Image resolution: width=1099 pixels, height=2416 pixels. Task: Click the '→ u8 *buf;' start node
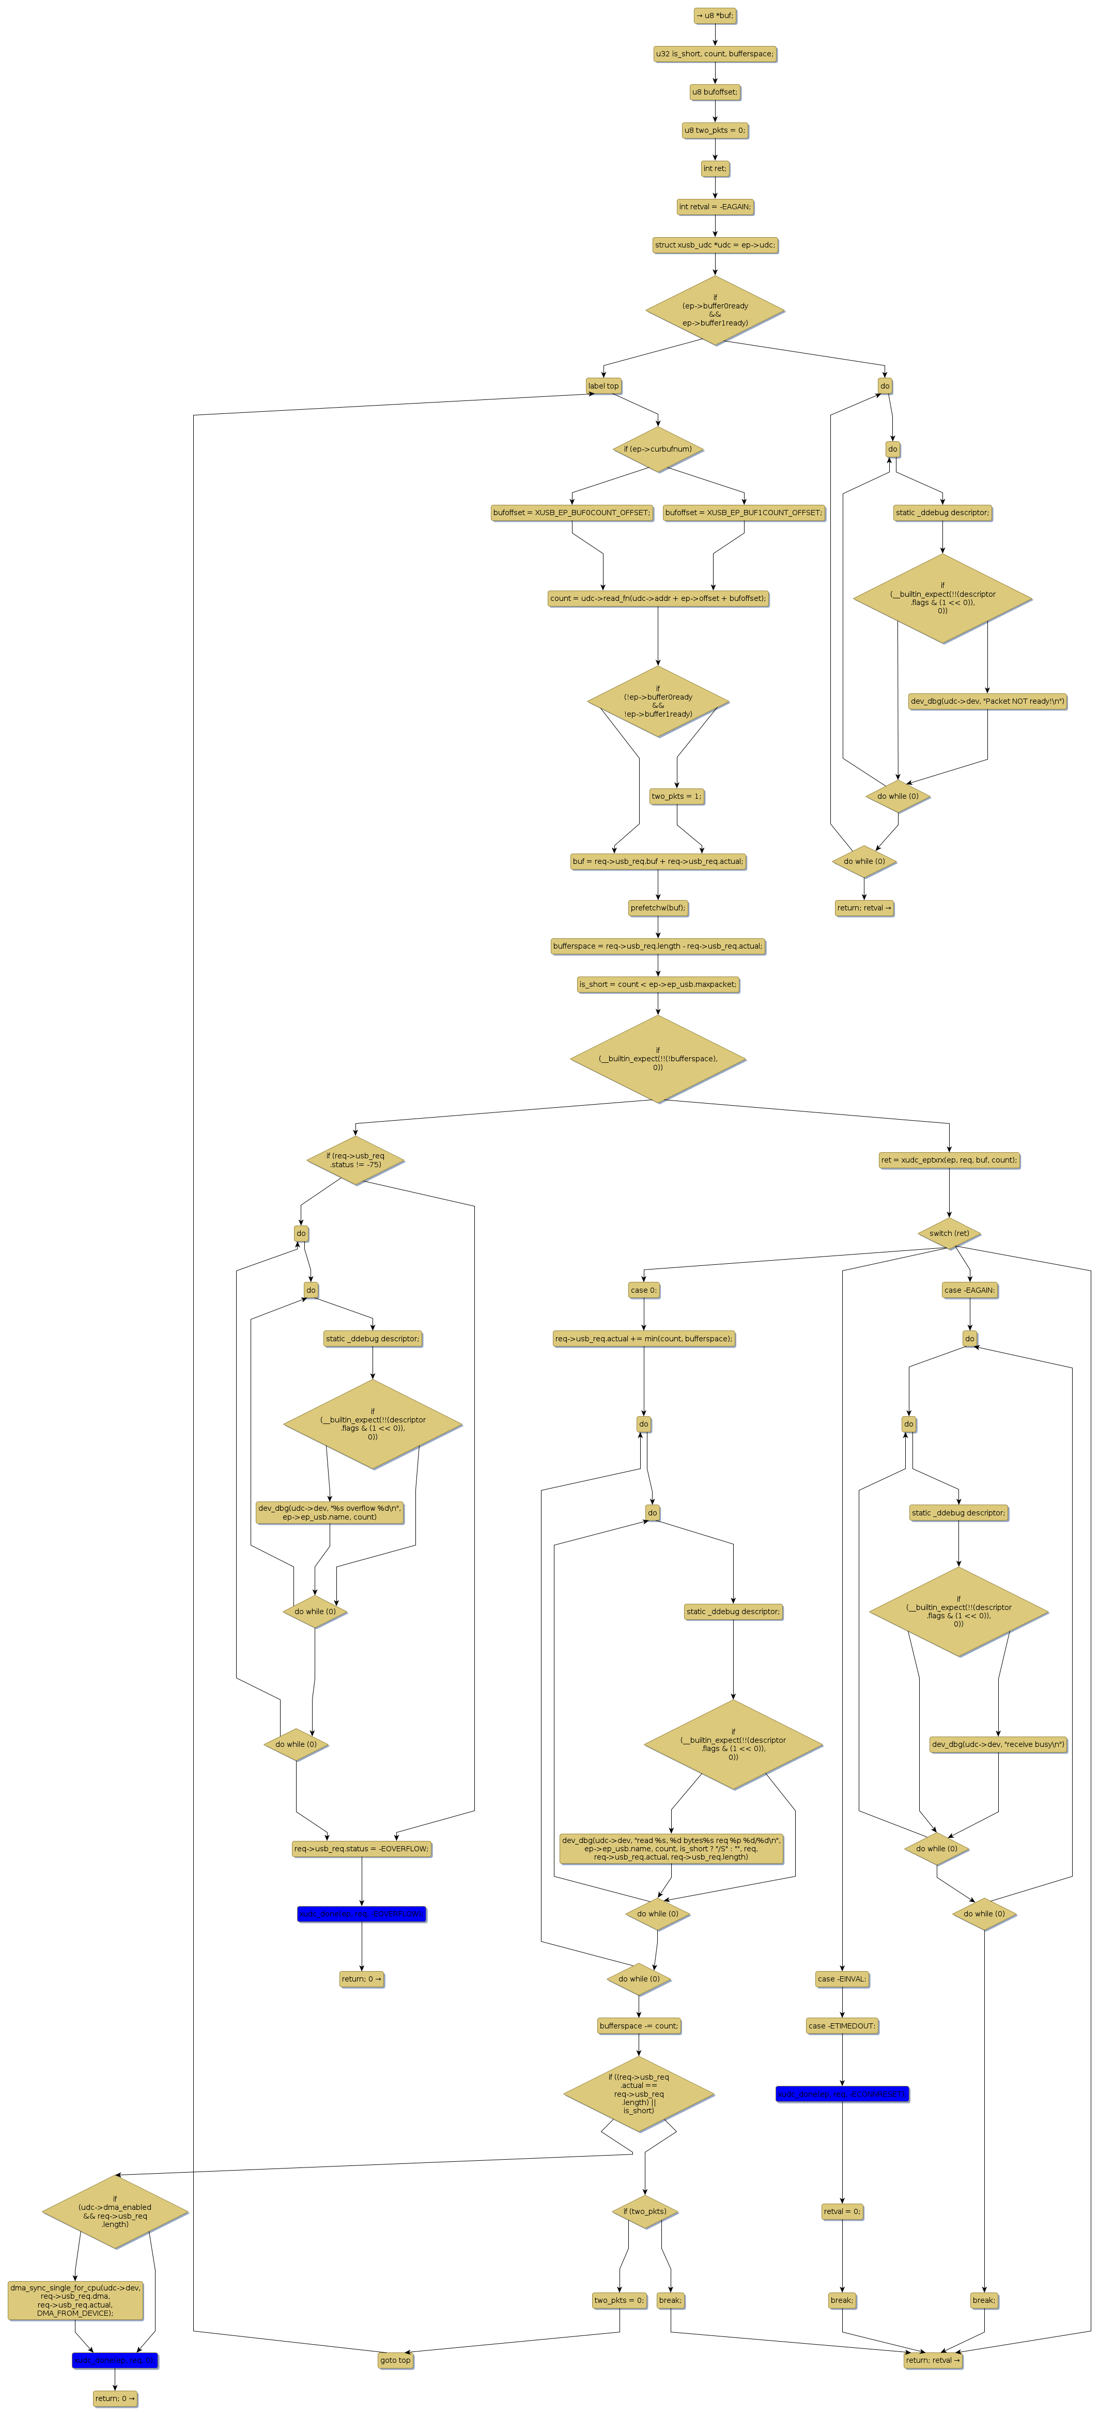click(715, 16)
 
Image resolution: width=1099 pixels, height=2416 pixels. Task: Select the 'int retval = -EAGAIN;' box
click(715, 206)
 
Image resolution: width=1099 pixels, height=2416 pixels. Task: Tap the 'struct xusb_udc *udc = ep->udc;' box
click(715, 245)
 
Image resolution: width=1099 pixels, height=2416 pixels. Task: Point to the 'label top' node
click(603, 385)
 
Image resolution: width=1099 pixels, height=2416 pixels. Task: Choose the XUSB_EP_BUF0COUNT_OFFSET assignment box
click(571, 513)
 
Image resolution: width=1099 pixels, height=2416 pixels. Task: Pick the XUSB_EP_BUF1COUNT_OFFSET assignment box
click(744, 513)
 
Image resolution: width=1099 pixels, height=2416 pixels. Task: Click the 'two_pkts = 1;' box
click(676, 796)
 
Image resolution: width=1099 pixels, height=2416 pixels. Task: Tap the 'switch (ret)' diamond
click(949, 1233)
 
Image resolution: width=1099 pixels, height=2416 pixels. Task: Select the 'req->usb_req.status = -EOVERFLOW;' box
click(361, 1850)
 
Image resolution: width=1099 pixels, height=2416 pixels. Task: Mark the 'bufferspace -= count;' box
click(639, 2026)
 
